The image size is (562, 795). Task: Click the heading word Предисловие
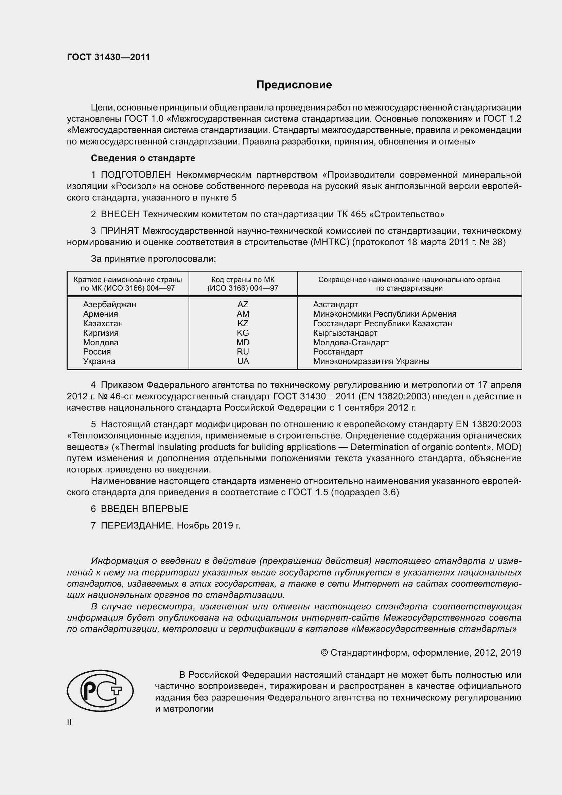(294, 85)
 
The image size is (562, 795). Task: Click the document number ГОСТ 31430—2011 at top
(108, 57)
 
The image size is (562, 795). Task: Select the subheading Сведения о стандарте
(143, 158)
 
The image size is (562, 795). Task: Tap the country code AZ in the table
(243, 304)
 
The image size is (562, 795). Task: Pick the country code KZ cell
(243, 323)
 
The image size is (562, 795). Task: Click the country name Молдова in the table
(101, 343)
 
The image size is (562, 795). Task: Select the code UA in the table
(243, 361)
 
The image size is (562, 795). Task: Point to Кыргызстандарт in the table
(345, 333)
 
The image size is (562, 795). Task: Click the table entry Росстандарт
(338, 352)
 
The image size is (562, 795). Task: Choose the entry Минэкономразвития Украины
(371, 362)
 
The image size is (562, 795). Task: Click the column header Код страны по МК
(243, 280)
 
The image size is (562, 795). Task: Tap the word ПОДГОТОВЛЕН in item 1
(136, 175)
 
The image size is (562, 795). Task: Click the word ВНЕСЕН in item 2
(120, 214)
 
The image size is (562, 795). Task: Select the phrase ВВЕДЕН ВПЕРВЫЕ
(144, 509)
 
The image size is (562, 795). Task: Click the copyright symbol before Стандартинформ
(324, 653)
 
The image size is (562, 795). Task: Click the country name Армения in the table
(100, 314)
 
